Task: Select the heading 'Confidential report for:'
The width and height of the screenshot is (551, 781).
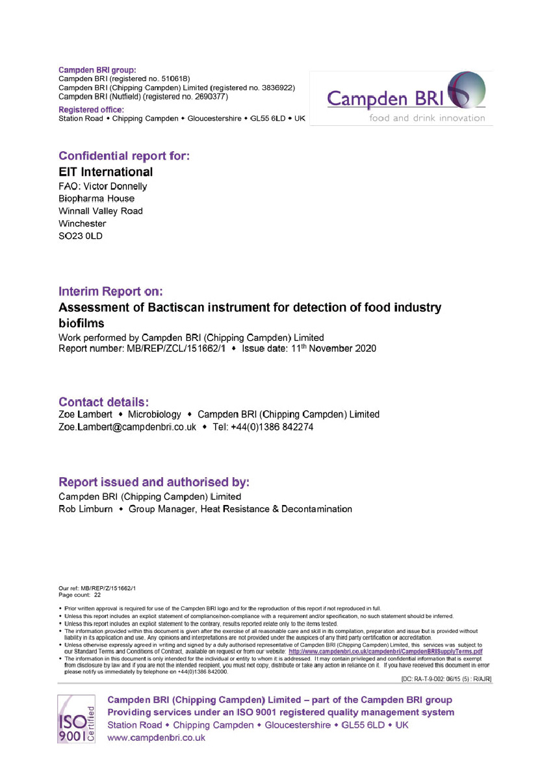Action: point(124,156)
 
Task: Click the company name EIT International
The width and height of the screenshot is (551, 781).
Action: point(106,172)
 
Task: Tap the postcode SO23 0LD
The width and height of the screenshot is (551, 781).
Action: point(81,236)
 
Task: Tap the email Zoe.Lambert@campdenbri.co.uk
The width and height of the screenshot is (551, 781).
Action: point(127,427)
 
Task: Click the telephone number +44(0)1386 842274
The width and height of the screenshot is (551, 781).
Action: point(272,427)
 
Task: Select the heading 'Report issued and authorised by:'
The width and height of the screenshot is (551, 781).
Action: point(154,482)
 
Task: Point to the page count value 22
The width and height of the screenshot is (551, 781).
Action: point(97,594)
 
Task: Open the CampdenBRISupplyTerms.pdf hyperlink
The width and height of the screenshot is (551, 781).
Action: point(385,651)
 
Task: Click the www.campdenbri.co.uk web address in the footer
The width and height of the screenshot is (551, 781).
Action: point(156,738)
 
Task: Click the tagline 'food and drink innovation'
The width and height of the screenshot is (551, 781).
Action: point(427,118)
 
